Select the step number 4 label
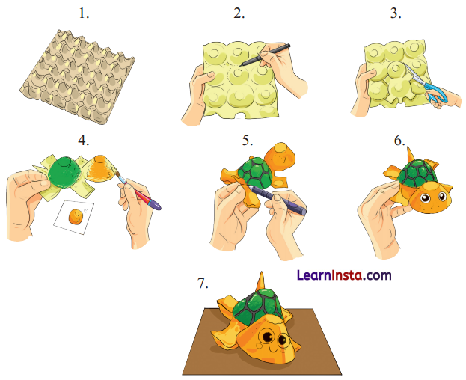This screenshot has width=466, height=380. point(84,139)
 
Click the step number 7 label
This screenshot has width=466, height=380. point(202,284)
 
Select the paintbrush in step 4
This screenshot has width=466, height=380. point(138,191)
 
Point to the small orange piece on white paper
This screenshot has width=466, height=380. point(75,218)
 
